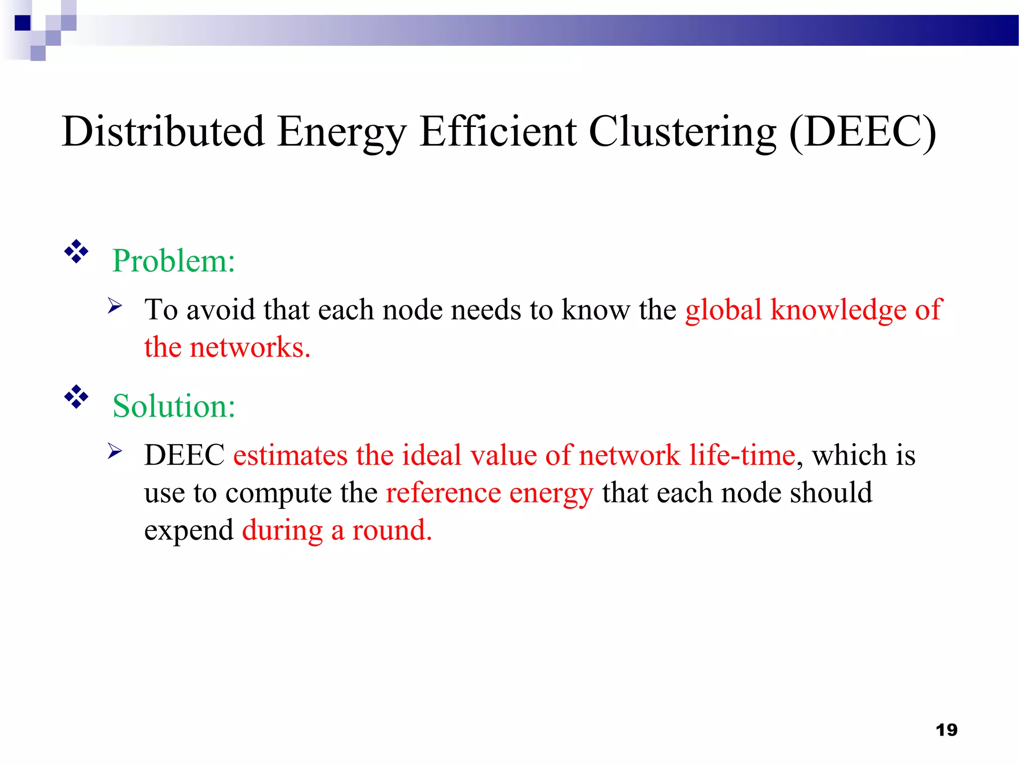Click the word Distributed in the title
click(163, 131)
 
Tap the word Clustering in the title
click(682, 131)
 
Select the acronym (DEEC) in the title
click(862, 131)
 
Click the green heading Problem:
click(174, 260)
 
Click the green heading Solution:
click(174, 406)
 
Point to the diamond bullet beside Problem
click(76, 252)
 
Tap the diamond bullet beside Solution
click(76, 397)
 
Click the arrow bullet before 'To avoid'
click(115, 305)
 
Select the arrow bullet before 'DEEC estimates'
click(115, 451)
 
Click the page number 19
click(946, 730)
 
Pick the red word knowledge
click(838, 310)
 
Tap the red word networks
click(250, 347)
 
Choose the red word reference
click(443, 493)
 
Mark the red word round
click(392, 530)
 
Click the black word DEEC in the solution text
click(185, 455)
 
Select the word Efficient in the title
click(498, 131)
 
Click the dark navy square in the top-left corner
click(23, 23)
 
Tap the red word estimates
click(290, 455)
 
